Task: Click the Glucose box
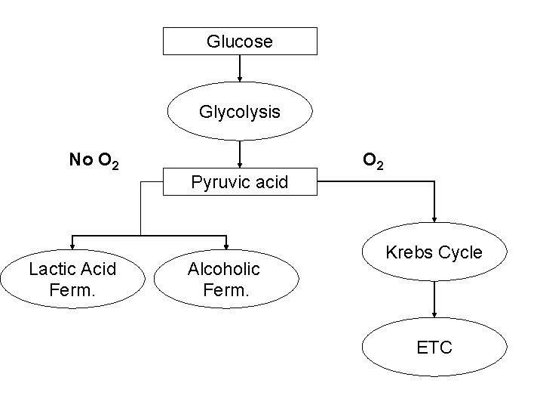point(240,41)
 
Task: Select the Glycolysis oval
point(240,112)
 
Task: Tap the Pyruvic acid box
point(240,182)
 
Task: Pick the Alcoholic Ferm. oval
point(224,278)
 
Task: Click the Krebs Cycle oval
point(434,252)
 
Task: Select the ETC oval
point(434,348)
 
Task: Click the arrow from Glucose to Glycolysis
point(240,68)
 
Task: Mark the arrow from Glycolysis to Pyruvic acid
point(240,154)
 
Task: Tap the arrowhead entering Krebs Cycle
point(434,217)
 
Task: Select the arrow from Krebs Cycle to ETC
point(434,302)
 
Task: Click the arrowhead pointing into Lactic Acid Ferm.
point(72,243)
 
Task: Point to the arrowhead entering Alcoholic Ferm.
point(224,243)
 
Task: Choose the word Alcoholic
point(224,269)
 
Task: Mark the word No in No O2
point(80,159)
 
